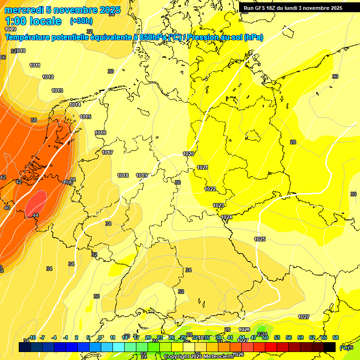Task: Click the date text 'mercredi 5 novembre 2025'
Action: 62,10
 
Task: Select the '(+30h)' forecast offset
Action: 81,21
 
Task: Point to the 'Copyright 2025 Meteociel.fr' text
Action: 197,356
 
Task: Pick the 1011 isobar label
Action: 35,66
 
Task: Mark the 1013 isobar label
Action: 57,90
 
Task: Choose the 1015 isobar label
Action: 85,117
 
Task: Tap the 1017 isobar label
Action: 107,152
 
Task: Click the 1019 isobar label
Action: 142,175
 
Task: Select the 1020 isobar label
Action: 188,154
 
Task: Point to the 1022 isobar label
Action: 210,189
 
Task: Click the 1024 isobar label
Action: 227,217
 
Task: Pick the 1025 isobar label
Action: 260,239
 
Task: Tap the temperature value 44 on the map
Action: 36,215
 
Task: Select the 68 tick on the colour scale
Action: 336,337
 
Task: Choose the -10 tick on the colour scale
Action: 32,337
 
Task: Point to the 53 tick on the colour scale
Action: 277,337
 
